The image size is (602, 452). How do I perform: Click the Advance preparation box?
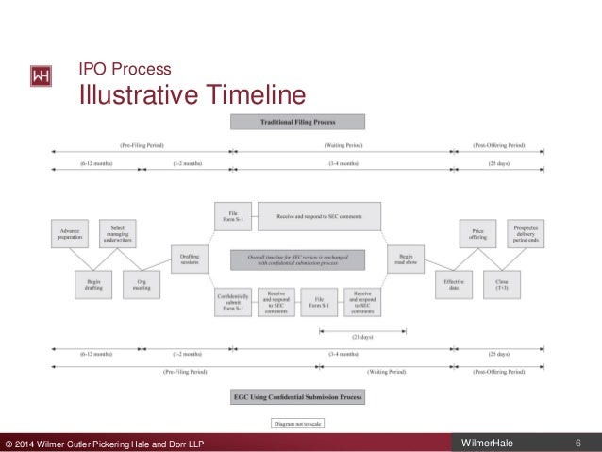(x=69, y=233)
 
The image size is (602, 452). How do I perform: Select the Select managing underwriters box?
(x=118, y=233)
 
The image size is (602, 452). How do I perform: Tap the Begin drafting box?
(x=94, y=284)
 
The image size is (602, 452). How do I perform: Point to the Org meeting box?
(x=142, y=284)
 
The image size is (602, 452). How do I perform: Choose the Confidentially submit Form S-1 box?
(x=232, y=303)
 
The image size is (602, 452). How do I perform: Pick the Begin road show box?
(x=406, y=258)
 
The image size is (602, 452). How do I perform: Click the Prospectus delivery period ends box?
(x=526, y=233)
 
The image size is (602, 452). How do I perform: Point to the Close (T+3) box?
(x=501, y=284)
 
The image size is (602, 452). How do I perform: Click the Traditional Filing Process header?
(x=298, y=122)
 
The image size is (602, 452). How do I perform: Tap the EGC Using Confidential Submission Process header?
(x=298, y=397)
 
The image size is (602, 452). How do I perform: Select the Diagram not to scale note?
(x=298, y=423)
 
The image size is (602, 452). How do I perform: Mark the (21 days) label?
(x=362, y=335)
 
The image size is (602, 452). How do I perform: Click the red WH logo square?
(x=42, y=76)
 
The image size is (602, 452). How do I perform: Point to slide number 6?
(x=577, y=443)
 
